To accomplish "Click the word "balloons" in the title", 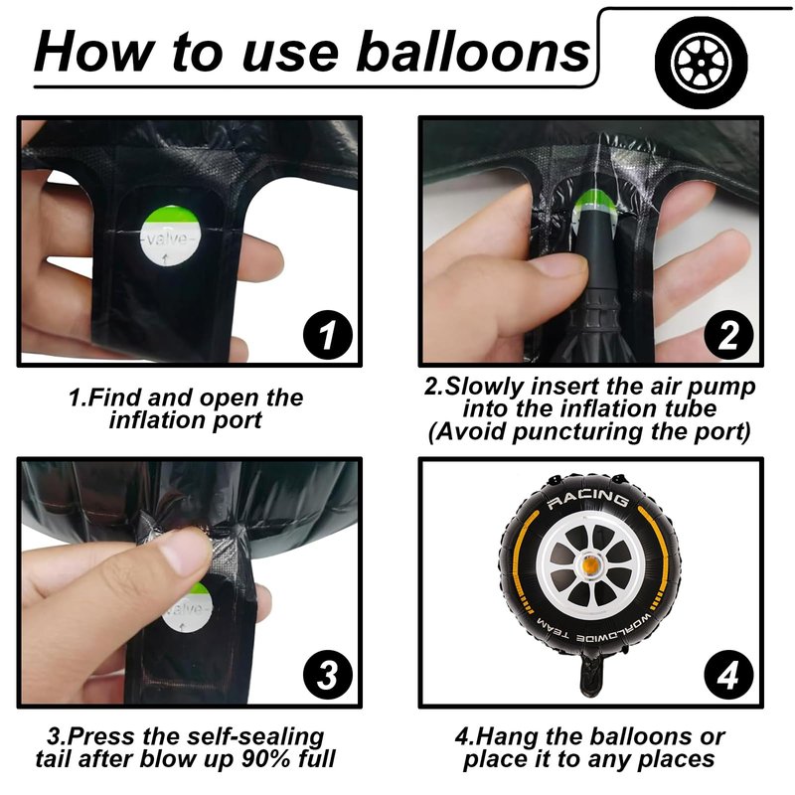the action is click(473, 52).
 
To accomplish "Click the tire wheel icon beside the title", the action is click(702, 63).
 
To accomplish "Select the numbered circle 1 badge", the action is click(328, 335).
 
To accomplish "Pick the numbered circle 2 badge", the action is click(728, 335).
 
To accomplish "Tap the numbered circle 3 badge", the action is click(328, 675).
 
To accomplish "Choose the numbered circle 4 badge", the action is click(728, 675).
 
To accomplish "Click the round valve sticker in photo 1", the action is click(170, 236).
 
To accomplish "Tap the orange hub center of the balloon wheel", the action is click(589, 563).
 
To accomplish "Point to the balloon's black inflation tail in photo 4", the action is click(590, 675).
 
